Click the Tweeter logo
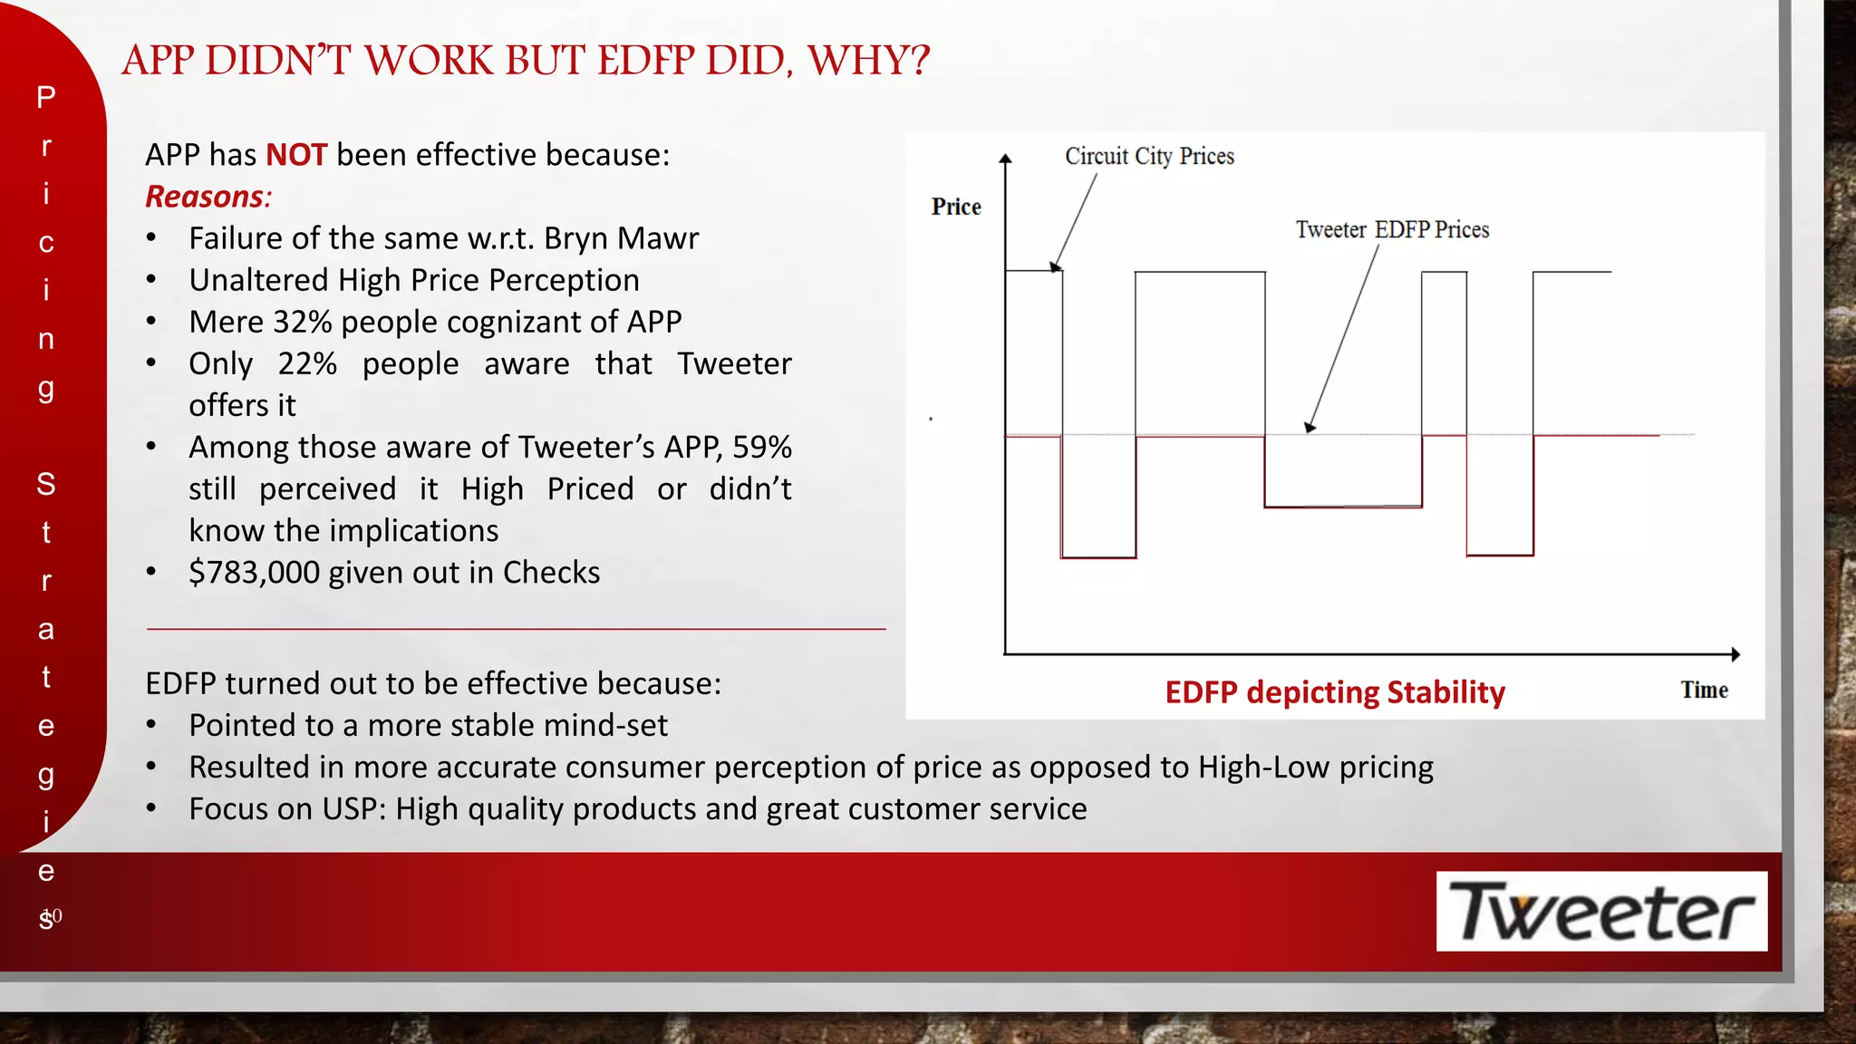(x=1600, y=911)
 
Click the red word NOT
(x=295, y=155)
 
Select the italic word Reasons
(x=206, y=197)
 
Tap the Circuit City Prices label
(x=1149, y=157)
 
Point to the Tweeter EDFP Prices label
(x=1392, y=230)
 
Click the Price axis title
(x=956, y=208)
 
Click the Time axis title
(x=1704, y=691)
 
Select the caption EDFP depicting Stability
(x=1334, y=692)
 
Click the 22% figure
(x=307, y=363)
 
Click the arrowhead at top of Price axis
(x=1005, y=159)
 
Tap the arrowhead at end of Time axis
(x=1735, y=653)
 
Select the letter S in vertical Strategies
(x=46, y=484)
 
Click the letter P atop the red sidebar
(x=46, y=97)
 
